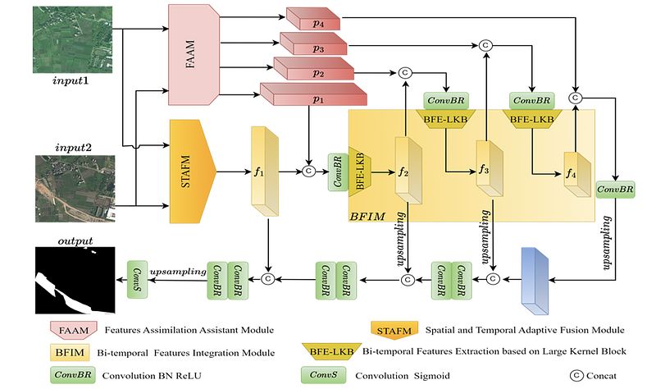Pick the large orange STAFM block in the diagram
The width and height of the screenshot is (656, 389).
[195, 172]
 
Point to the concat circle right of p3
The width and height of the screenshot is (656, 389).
[485, 44]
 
